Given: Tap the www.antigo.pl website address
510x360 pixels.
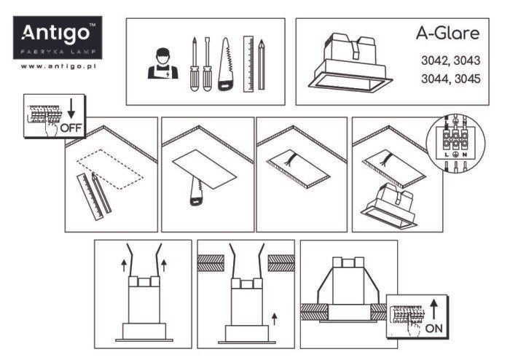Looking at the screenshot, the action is tap(58, 66).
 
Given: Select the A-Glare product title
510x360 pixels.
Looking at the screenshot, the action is tap(447, 34).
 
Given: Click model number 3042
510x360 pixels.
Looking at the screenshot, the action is tap(435, 60).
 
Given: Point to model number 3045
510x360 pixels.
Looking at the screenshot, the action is tap(468, 79).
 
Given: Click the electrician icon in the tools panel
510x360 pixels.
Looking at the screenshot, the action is tap(162, 63).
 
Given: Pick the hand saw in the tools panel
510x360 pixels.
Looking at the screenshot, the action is tap(226, 64).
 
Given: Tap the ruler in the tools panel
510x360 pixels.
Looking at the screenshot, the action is tap(248, 63).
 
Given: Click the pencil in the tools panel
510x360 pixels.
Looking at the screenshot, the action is tap(262, 64).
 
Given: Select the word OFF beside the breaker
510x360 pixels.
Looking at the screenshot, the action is tap(71, 128).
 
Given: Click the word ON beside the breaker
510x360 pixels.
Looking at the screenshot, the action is tap(434, 329).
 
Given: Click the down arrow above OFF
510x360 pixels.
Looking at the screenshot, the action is tap(71, 109).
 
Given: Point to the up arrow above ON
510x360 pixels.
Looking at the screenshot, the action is tap(434, 309).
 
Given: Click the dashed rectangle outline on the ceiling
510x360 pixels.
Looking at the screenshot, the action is tap(110, 169).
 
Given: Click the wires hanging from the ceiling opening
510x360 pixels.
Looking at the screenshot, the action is tap(289, 159).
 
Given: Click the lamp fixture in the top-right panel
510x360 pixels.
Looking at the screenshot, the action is tap(350, 62).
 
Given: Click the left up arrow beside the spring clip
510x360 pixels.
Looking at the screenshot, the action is tap(124, 265).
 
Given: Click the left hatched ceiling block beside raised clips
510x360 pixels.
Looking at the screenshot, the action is tap(211, 263).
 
